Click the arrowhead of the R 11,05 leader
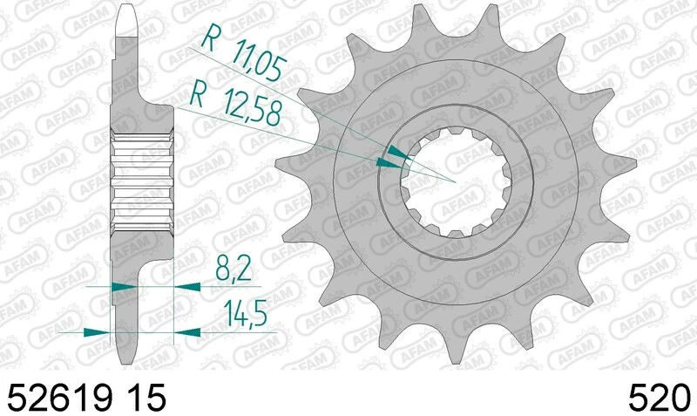[x=397, y=154]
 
